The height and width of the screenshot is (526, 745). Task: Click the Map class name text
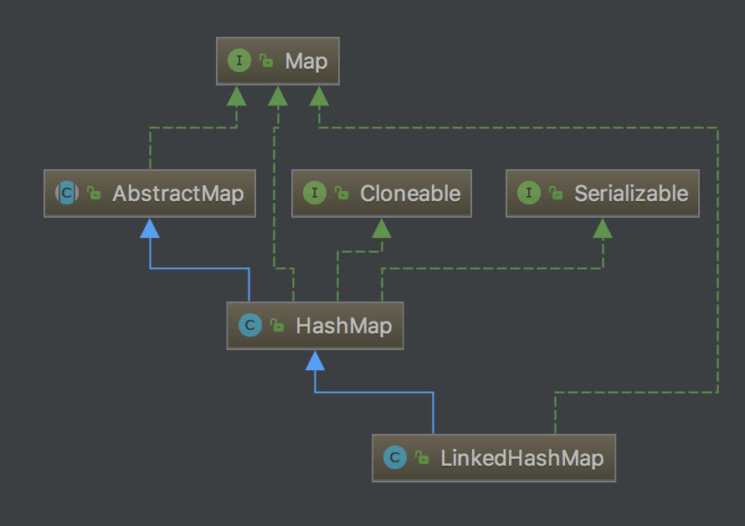coord(306,61)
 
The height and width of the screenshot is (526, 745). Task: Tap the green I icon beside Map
coord(239,60)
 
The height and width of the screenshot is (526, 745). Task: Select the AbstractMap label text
coord(178,193)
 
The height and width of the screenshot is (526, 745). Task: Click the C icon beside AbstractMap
coord(67,193)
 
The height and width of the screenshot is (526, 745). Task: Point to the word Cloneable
coord(410,193)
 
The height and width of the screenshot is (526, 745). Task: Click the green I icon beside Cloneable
coord(315,193)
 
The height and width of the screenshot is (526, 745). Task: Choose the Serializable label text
coord(631,193)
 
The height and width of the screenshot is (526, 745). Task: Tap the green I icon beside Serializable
coord(529,193)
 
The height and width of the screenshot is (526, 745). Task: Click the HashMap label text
coord(343,326)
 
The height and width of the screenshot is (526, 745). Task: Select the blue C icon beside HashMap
coord(250,325)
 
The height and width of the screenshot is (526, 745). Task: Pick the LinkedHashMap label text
coord(521,458)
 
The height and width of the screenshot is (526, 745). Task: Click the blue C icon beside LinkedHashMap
coord(395,457)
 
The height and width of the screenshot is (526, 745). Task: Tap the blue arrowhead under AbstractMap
coord(150,229)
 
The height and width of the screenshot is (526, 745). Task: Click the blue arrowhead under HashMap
coord(315,360)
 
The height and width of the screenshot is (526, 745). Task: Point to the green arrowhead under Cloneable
coord(382,229)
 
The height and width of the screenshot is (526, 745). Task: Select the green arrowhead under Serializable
coord(603,229)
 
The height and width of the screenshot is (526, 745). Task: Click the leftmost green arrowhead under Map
coord(237,96)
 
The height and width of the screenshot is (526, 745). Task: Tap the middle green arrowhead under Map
coord(278,96)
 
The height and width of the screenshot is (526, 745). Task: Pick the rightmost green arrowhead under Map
coord(319,96)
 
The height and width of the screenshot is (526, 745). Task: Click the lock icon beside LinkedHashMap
coord(422,457)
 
